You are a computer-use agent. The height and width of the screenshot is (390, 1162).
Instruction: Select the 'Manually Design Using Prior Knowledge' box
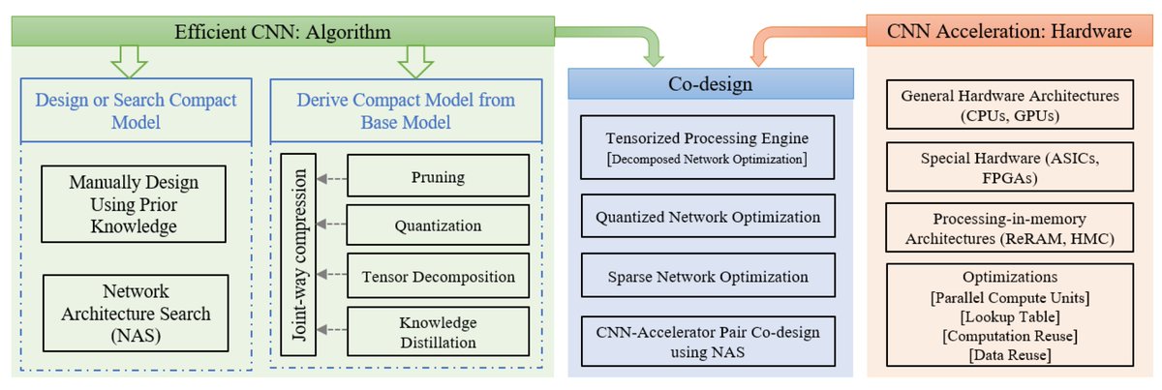[134, 206]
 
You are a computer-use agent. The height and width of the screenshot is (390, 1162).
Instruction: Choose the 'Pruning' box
[437, 177]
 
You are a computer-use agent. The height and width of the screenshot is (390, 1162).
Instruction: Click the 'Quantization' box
[437, 225]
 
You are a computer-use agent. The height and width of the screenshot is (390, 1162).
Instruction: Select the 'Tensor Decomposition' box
[437, 276]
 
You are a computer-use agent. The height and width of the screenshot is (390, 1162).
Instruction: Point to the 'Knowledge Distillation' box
[437, 331]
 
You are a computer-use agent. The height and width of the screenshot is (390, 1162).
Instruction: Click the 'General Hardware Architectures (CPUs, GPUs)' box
[1009, 105]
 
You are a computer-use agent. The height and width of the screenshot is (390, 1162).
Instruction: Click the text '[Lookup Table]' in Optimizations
[1009, 314]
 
